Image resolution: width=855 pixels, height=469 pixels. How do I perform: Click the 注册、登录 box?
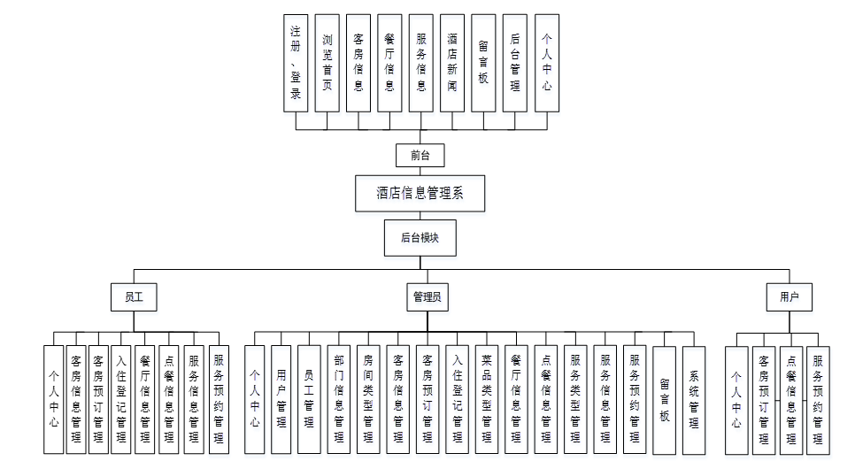[x=296, y=63]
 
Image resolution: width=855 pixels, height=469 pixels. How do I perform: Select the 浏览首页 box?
[x=327, y=63]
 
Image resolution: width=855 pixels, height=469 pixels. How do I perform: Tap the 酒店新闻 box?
[x=452, y=63]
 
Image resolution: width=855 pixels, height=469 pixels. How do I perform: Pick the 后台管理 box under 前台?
[x=515, y=63]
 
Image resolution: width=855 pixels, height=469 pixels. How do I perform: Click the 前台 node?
[x=420, y=156]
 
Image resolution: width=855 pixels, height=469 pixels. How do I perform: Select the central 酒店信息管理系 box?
[x=420, y=193]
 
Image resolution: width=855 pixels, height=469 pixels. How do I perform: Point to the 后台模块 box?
[x=420, y=237]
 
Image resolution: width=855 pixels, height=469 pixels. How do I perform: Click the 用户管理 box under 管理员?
[x=281, y=399]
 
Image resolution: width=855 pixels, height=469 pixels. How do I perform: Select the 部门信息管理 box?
[x=339, y=399]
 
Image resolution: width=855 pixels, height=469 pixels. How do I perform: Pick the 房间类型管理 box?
[x=368, y=399]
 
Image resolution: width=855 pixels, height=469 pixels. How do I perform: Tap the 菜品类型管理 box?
[x=486, y=399]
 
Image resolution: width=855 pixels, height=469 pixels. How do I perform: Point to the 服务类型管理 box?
[x=575, y=399]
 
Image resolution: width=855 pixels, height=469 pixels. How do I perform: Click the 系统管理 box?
[x=694, y=399]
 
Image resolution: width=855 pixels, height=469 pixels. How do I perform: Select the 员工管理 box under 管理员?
[x=308, y=399]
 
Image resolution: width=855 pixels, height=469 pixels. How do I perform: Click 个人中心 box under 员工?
[x=54, y=399]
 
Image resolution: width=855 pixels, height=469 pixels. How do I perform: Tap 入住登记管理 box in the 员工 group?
[x=121, y=399]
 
